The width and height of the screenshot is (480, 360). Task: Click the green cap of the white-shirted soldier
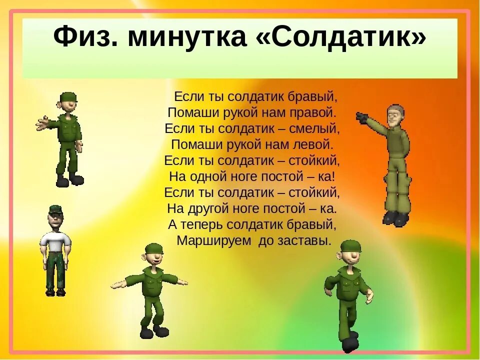pyautogui.click(x=56, y=210)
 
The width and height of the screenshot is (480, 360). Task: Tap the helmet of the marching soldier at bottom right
pyautogui.click(x=349, y=246)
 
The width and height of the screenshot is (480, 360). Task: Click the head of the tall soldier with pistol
pyautogui.click(x=395, y=115)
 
